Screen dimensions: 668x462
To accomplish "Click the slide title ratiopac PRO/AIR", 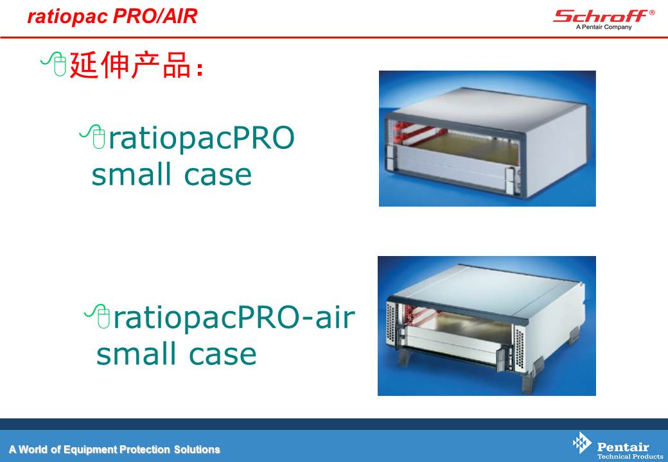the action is (112, 16).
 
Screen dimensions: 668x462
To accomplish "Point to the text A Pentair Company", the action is (604, 27).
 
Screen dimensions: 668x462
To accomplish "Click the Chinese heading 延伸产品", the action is (130, 65).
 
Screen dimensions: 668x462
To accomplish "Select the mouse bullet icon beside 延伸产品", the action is (55, 64).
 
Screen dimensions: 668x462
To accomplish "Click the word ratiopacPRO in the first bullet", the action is (202, 138).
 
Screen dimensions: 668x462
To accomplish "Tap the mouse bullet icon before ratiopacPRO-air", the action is (98, 316).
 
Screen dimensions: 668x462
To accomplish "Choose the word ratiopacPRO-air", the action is (234, 318).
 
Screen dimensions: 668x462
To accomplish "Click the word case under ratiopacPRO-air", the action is (222, 354).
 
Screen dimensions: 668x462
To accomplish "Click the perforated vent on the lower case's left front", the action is (392, 327).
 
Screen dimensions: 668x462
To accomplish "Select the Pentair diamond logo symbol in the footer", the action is (581, 443).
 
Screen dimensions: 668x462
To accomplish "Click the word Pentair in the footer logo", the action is (623, 447).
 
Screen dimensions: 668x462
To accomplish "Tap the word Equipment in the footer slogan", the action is (90, 450).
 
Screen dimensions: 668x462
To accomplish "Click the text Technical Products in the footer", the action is (630, 456).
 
